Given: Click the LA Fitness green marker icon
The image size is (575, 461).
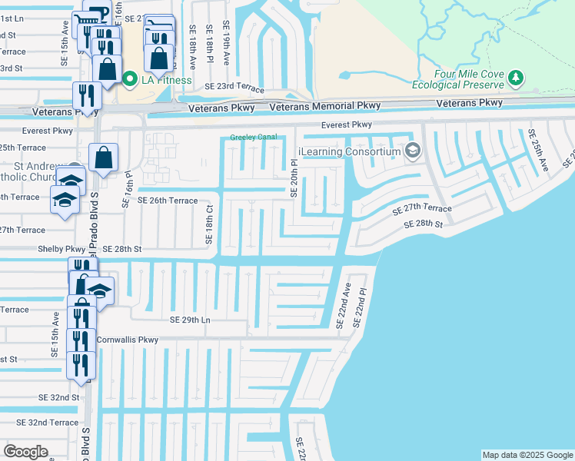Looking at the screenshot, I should pos(130,78).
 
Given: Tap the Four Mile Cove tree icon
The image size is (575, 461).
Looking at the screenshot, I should pos(516,78).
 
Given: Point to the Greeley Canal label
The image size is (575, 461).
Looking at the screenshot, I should pos(253,138).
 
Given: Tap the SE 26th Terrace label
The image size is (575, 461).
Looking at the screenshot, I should pos(168,201).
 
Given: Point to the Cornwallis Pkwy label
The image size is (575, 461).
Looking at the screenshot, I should pos(127,339).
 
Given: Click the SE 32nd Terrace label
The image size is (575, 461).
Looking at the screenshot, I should pos(42,423).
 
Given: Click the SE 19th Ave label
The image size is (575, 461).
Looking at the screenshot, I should pos(227,43).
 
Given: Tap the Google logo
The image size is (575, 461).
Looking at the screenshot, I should pos(25,452).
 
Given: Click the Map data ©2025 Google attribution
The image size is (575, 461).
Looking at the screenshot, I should pos(527,455).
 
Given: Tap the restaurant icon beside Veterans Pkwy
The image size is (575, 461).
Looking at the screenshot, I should pos(85,95).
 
